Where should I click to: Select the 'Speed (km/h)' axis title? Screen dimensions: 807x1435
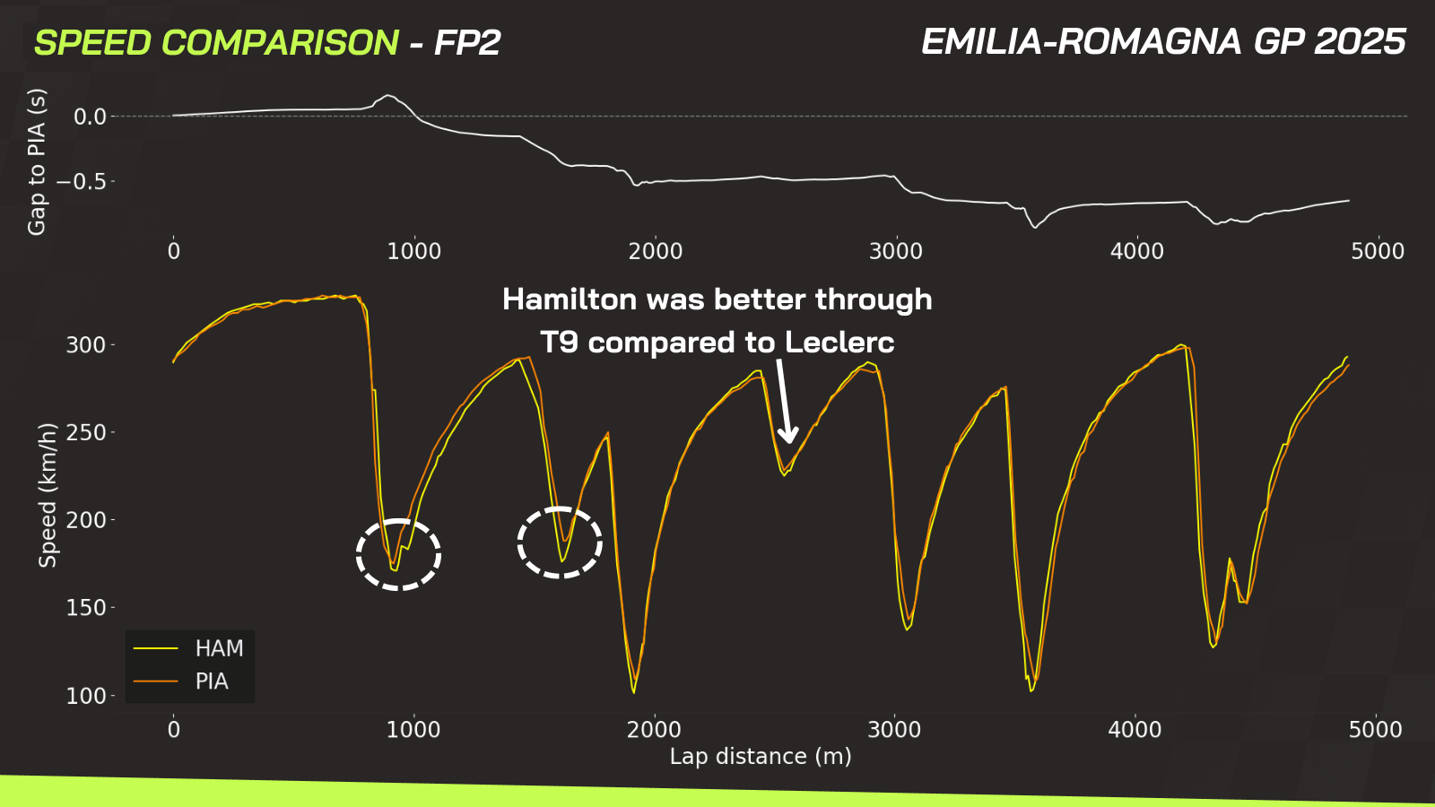coord(48,495)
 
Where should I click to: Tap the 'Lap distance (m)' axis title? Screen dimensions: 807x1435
coord(761,757)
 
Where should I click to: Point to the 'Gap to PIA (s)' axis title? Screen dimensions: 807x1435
coord(37,162)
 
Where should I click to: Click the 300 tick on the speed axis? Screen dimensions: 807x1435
coord(86,345)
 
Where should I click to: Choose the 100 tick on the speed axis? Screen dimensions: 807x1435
coord(86,696)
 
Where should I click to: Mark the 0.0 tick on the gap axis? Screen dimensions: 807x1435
coord(90,117)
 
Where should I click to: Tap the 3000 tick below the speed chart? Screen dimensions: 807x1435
coord(894,730)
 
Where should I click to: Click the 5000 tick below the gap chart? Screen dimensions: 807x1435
coord(1378,251)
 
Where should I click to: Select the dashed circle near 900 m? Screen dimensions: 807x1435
coord(398,554)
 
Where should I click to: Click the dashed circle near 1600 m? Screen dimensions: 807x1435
coord(560,542)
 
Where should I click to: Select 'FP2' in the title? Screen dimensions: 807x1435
coord(467,43)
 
